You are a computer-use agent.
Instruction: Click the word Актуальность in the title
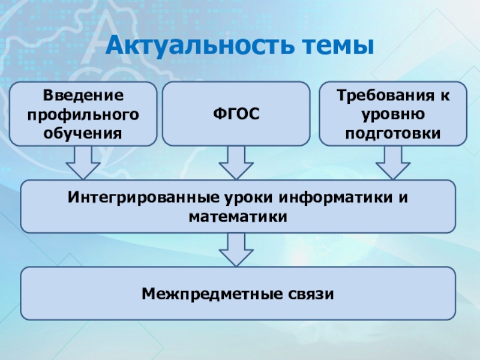[200, 45]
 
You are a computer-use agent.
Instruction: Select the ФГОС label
[236, 113]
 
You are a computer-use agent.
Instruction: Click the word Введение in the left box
[83, 95]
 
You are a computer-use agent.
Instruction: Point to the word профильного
[83, 115]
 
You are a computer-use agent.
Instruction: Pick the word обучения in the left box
[83, 133]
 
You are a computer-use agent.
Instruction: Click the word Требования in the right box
[385, 95]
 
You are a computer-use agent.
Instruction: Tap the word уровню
[393, 115]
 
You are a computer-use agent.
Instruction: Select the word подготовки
[393, 133]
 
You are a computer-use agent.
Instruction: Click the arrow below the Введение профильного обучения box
[83, 162]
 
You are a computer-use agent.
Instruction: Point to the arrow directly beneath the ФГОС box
[236, 162]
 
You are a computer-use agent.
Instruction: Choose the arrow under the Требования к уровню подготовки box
[393, 162]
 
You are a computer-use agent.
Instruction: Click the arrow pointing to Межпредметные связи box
[236, 250]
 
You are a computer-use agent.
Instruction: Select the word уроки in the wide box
[248, 198]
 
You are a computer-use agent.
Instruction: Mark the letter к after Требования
[445, 95]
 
